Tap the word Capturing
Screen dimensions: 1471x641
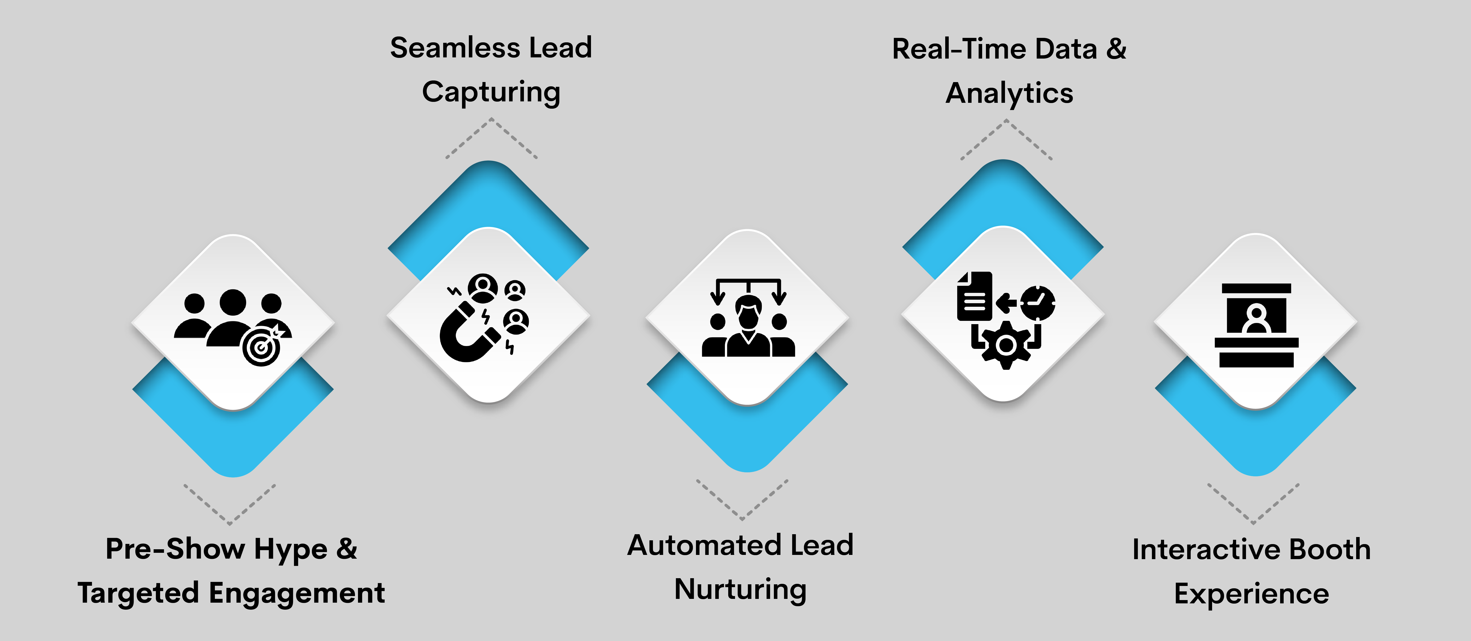click(x=491, y=92)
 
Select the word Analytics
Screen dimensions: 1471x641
click(x=1009, y=94)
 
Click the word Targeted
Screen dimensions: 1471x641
click(x=139, y=594)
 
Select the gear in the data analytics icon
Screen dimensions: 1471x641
click(x=1006, y=345)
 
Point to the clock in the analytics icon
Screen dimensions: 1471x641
click(x=1038, y=303)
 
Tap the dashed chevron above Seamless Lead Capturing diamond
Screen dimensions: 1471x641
click(x=491, y=137)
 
